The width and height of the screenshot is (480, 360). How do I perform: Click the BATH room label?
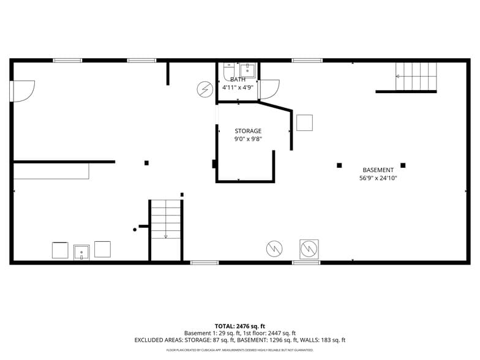pos(238,80)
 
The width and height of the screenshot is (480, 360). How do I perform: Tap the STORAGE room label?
pos(248,131)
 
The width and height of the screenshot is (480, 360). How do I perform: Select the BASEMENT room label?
pos(378,170)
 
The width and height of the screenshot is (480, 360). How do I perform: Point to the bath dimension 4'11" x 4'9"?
pos(238,88)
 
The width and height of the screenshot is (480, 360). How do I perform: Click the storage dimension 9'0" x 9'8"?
pos(248,139)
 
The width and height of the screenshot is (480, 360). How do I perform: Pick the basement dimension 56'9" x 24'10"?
pos(378,179)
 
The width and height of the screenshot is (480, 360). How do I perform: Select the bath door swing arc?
pos(270,89)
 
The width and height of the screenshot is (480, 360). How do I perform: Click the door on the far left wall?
pos(22,91)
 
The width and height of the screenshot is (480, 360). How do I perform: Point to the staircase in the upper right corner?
pos(416,77)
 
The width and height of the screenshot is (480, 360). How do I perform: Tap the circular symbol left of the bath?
pos(204,89)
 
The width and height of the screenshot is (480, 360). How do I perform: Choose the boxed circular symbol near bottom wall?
pos(309,249)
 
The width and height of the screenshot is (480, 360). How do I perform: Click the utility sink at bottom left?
pos(81,252)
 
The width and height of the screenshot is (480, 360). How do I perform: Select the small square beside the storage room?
pos(304,122)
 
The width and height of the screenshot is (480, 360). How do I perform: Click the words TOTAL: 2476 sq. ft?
pos(239,326)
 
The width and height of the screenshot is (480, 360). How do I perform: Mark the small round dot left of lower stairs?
pos(135,230)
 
